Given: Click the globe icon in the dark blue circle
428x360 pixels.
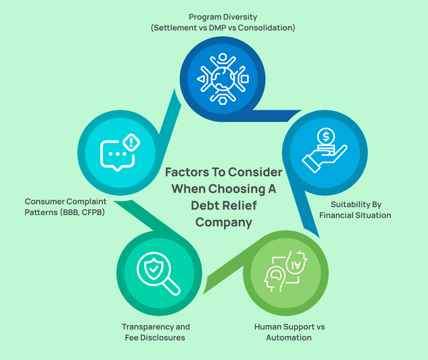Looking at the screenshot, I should click(x=222, y=78).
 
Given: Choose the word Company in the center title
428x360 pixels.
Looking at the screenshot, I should click(x=224, y=222).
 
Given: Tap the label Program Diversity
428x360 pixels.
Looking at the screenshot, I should click(x=223, y=17).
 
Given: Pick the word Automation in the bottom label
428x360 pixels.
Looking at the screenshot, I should click(x=289, y=337).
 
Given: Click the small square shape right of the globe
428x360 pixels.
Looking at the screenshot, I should click(x=245, y=79).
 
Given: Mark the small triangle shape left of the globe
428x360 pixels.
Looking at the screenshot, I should click(x=201, y=79).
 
